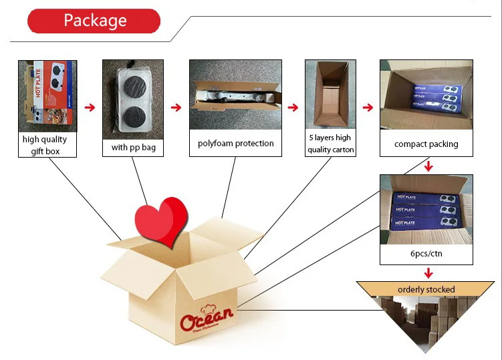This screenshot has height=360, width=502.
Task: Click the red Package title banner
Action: tap(94, 21)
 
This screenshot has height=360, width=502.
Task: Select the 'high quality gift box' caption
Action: tap(45, 145)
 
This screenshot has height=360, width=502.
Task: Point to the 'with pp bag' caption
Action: tap(134, 147)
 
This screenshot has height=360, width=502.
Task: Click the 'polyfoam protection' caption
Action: tap(236, 144)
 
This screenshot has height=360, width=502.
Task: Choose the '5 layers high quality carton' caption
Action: tap(329, 144)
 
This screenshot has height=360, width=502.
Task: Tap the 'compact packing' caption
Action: tap(426, 144)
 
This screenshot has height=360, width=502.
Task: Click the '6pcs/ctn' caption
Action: tap(426, 254)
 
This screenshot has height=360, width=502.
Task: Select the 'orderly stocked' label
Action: tap(426, 290)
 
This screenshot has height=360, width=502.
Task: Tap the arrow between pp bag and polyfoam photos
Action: tap(176, 106)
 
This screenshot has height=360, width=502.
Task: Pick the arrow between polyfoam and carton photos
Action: tap(293, 106)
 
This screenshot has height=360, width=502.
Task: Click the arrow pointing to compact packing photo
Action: tap(368, 106)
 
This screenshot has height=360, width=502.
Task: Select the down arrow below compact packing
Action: tap(428, 165)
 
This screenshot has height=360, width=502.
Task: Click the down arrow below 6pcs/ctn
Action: tap(428, 273)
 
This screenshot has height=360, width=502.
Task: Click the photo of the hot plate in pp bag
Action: tap(134, 96)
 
